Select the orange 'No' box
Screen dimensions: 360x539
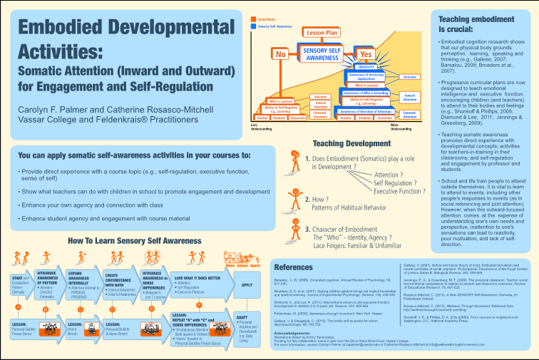click(x=280, y=54)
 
